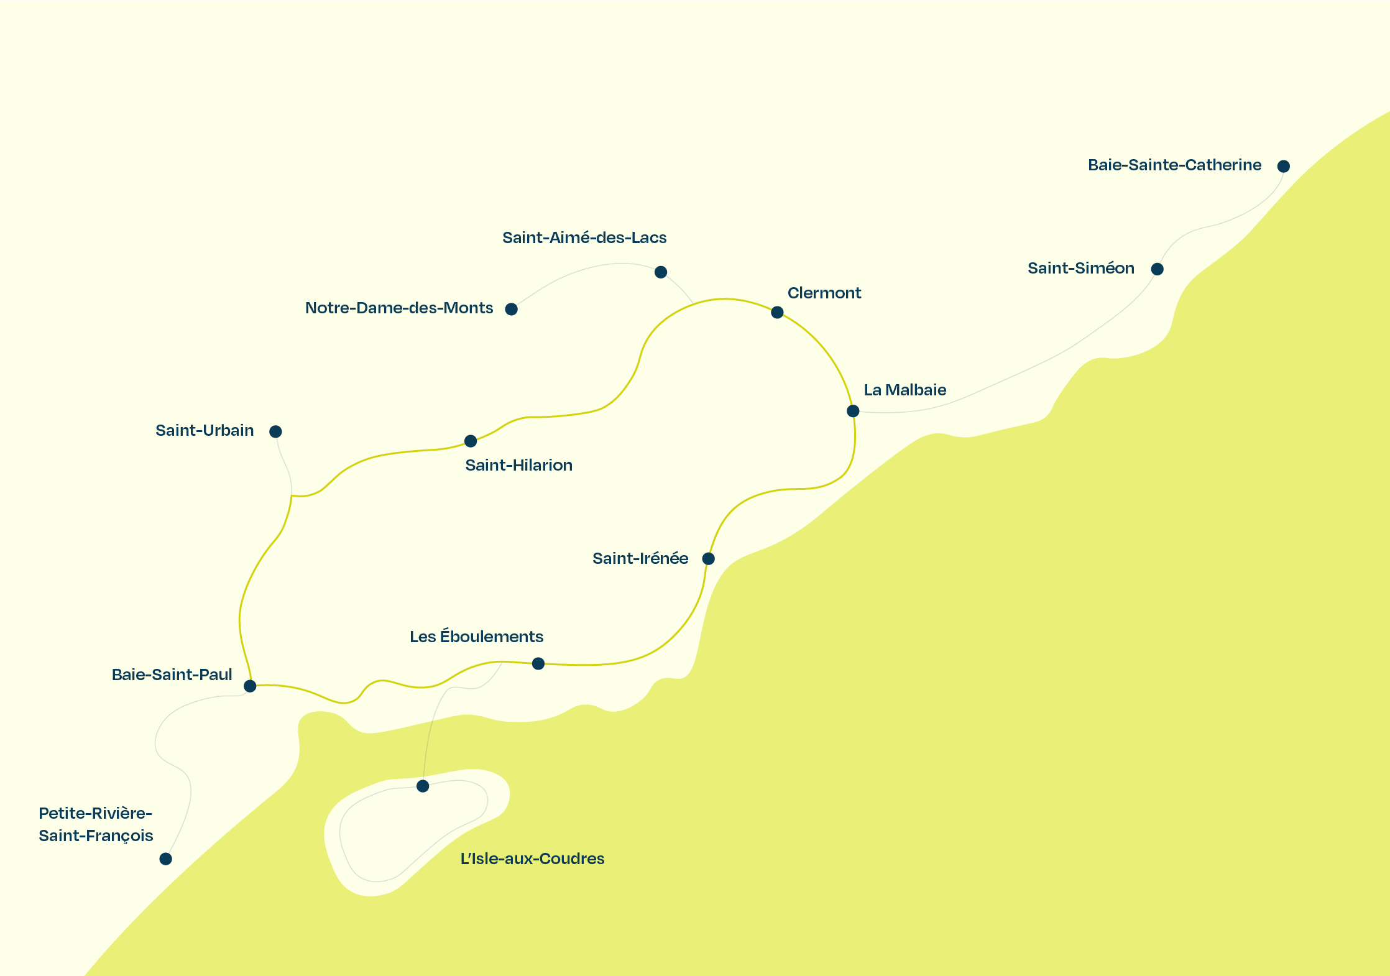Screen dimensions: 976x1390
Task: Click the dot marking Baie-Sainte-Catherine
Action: pos(1283,166)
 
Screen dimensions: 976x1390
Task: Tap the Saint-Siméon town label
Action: pos(1080,268)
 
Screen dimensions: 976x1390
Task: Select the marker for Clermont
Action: pos(777,312)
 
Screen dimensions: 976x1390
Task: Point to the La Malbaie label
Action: pos(904,390)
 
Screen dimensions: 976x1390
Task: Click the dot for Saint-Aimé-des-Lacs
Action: pos(661,272)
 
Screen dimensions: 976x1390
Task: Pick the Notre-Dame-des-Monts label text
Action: pos(399,308)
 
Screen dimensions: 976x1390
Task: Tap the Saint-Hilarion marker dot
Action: pos(471,441)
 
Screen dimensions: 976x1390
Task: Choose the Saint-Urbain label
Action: pos(205,430)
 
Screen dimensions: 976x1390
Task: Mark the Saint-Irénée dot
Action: pos(708,558)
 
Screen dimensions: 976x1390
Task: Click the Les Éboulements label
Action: pos(476,637)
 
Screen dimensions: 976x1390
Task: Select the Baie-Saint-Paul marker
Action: pos(250,686)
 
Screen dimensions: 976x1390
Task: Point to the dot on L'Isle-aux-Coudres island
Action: pos(423,786)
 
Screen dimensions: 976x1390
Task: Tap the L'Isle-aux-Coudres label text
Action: pos(532,859)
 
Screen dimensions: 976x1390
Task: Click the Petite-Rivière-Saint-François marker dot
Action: pos(165,859)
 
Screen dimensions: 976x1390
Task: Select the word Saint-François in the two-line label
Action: pos(96,836)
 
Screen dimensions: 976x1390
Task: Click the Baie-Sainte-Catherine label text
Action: pos(1174,165)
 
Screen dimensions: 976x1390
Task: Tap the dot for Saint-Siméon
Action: pos(1157,269)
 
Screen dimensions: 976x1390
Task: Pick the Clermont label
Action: pos(824,293)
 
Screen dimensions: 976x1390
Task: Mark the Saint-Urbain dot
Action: pos(275,431)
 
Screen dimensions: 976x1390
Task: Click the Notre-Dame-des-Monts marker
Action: pos(511,309)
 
